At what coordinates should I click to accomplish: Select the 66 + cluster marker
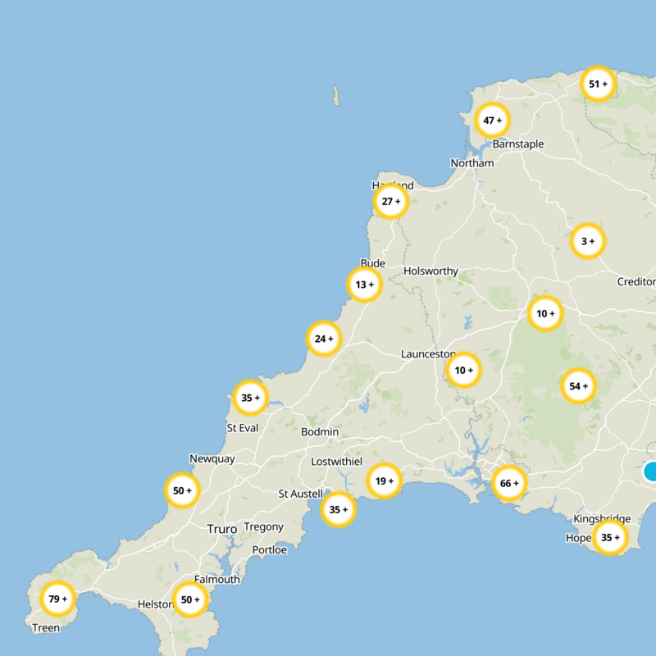509,483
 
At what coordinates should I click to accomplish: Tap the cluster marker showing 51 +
599,84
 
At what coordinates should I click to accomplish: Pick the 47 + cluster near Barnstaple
492,121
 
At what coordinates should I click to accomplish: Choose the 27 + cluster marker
391,201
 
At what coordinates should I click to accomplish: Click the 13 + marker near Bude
365,285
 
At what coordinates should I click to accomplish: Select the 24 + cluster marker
324,338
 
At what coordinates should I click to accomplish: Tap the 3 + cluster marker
587,241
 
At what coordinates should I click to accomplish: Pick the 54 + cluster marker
579,386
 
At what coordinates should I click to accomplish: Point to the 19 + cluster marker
384,481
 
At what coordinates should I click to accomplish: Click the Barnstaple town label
517,144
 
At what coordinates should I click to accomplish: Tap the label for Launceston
428,353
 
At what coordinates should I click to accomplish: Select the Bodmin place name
320,431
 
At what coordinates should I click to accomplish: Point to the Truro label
221,529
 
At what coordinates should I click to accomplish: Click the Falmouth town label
217,579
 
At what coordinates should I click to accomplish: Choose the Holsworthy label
430,271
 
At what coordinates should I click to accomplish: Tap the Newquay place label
212,458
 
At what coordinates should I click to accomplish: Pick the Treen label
46,628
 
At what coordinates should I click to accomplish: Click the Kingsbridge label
602,518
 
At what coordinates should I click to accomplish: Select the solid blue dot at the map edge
651,471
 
